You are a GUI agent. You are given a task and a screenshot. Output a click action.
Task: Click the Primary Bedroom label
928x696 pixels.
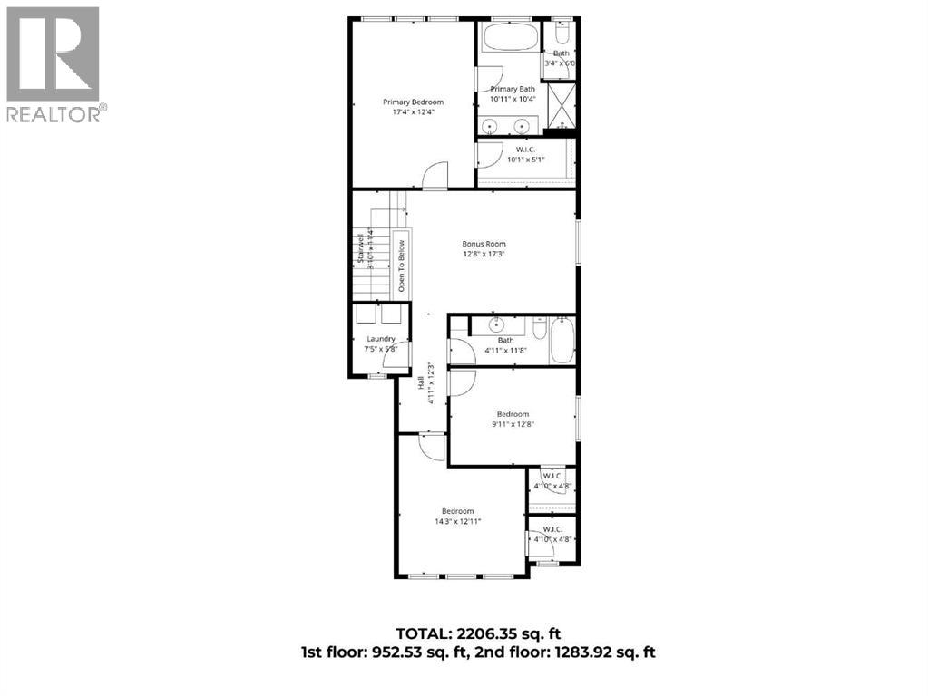[x=413, y=102]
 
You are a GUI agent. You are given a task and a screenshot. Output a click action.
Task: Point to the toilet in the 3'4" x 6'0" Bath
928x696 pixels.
[x=561, y=35]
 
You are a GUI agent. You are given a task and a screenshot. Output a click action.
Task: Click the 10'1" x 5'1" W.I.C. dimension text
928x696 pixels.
[x=525, y=159]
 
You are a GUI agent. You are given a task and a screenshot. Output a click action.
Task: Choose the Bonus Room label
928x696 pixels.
[x=484, y=244]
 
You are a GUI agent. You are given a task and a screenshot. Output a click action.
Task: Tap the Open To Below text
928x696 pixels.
[x=400, y=267]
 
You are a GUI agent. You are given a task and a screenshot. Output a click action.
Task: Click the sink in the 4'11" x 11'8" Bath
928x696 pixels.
[x=496, y=325]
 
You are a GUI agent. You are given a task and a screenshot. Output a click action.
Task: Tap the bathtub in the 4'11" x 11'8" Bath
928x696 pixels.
[x=562, y=340]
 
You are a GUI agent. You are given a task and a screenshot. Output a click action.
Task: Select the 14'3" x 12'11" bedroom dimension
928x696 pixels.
[x=457, y=521]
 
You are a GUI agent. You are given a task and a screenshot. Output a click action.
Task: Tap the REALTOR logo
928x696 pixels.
[x=54, y=63]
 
